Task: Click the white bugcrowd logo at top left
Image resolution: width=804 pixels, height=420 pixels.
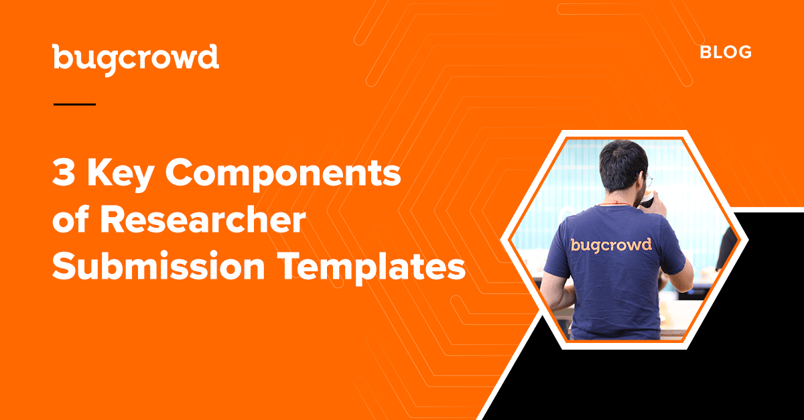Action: coord(135,60)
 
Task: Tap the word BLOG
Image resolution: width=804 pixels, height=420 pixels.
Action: coord(726,52)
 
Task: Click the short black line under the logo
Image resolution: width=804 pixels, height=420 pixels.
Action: coord(74,104)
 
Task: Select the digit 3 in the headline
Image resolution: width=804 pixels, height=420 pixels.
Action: coord(64,173)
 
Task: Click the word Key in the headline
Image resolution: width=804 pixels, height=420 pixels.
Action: coord(121,176)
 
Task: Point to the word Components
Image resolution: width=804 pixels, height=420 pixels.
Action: coord(283,176)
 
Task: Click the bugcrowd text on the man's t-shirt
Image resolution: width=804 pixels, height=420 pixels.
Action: coord(611,246)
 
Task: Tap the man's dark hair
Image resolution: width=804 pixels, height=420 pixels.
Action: coord(624,163)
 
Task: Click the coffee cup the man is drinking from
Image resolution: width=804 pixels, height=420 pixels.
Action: coord(647,200)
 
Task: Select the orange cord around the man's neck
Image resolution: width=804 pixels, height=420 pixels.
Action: coord(614,204)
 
